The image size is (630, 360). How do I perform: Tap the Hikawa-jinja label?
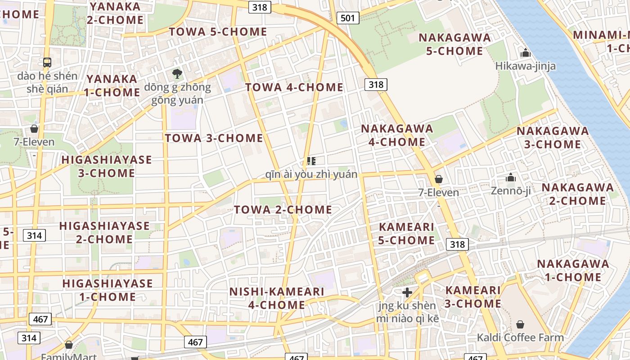[525, 66]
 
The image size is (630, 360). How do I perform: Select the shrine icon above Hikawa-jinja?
[525, 53]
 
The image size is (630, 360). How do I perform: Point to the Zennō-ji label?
[510, 191]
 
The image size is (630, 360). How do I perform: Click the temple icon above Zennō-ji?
[510, 178]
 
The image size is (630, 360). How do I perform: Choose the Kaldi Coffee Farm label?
[520, 337]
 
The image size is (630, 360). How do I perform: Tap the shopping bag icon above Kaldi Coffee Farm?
[520, 324]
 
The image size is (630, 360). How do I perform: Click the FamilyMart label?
[69, 357]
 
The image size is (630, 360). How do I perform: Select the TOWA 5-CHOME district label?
[218, 32]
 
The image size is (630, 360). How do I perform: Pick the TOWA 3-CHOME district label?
[214, 138]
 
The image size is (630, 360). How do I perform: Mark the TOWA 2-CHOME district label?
[283, 210]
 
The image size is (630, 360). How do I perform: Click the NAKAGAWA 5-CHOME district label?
[454, 44]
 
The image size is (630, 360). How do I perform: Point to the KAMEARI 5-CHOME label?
[406, 234]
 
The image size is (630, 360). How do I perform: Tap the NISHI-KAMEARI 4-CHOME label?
[277, 298]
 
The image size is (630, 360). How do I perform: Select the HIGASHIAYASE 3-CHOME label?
[107, 166]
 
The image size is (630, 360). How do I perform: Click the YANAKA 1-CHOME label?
[113, 85]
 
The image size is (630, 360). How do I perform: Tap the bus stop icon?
[47, 63]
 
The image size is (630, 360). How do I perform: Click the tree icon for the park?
[177, 73]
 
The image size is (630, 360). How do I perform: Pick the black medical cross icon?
[407, 292]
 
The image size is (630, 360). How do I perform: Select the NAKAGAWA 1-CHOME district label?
[573, 270]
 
